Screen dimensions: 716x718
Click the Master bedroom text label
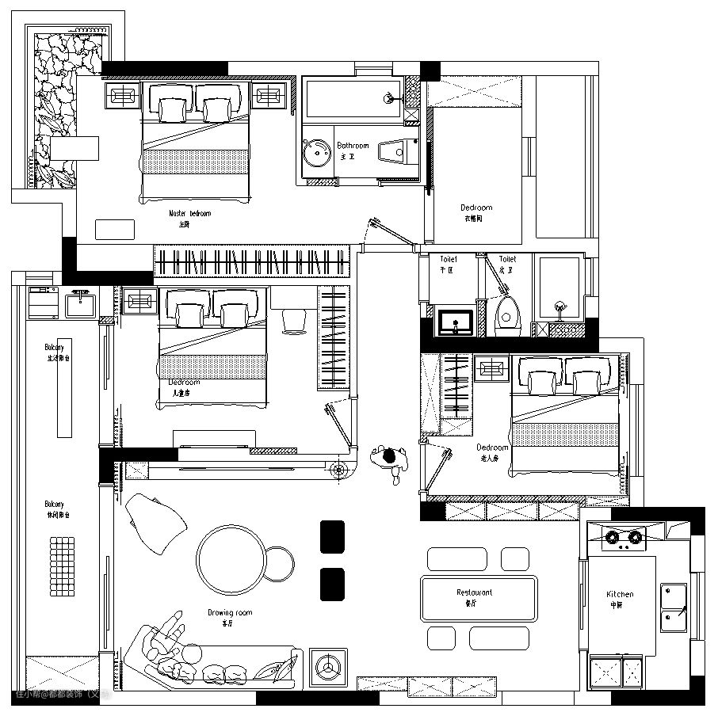coord(190,213)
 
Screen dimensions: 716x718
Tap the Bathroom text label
coord(353,146)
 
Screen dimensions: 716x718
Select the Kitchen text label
coord(620,594)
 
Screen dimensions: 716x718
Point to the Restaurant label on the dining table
coord(474,592)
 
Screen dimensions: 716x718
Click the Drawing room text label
coord(230,612)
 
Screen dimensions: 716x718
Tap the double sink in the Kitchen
coord(673,606)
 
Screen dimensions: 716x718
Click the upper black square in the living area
coord(332,536)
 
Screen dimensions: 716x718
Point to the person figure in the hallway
coord(389,461)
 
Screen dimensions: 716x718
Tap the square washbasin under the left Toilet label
coord(456,322)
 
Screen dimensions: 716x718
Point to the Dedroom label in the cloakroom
coord(476,208)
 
